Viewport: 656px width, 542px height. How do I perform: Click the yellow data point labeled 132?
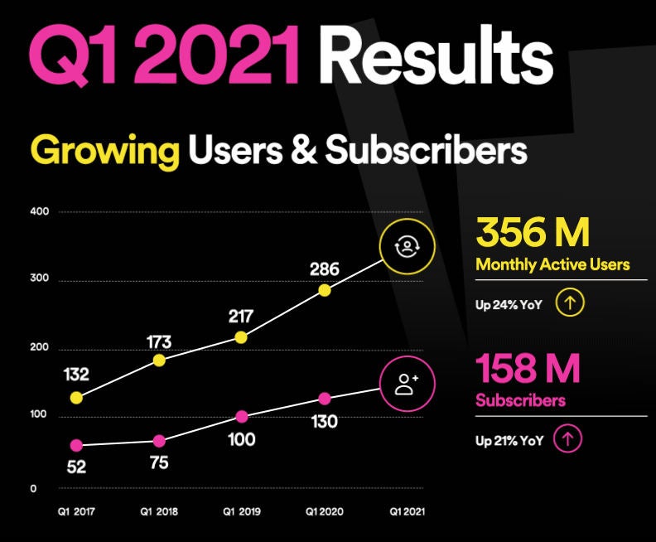click(x=76, y=398)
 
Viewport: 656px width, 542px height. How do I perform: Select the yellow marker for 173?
click(x=159, y=361)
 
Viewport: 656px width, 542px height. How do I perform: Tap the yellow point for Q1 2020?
click(x=325, y=290)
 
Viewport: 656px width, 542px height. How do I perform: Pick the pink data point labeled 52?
click(x=76, y=445)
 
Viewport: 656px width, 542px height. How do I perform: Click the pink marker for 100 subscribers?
click(x=241, y=417)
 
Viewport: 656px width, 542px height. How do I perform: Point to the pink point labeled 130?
click(x=325, y=399)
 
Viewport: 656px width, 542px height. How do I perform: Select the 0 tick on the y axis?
click(x=33, y=488)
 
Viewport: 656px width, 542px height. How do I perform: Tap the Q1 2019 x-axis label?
click(x=241, y=512)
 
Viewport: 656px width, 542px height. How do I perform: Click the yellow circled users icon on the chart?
click(x=406, y=246)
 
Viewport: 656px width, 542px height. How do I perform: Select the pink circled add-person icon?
click(x=406, y=384)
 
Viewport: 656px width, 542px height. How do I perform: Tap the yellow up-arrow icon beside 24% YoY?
click(x=570, y=302)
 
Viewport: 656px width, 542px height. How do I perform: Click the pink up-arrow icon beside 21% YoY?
click(x=567, y=439)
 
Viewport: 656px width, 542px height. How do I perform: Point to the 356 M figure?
click(x=533, y=233)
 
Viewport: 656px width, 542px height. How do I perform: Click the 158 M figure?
click(x=528, y=370)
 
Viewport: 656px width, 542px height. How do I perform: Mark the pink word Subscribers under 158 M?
click(x=520, y=401)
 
